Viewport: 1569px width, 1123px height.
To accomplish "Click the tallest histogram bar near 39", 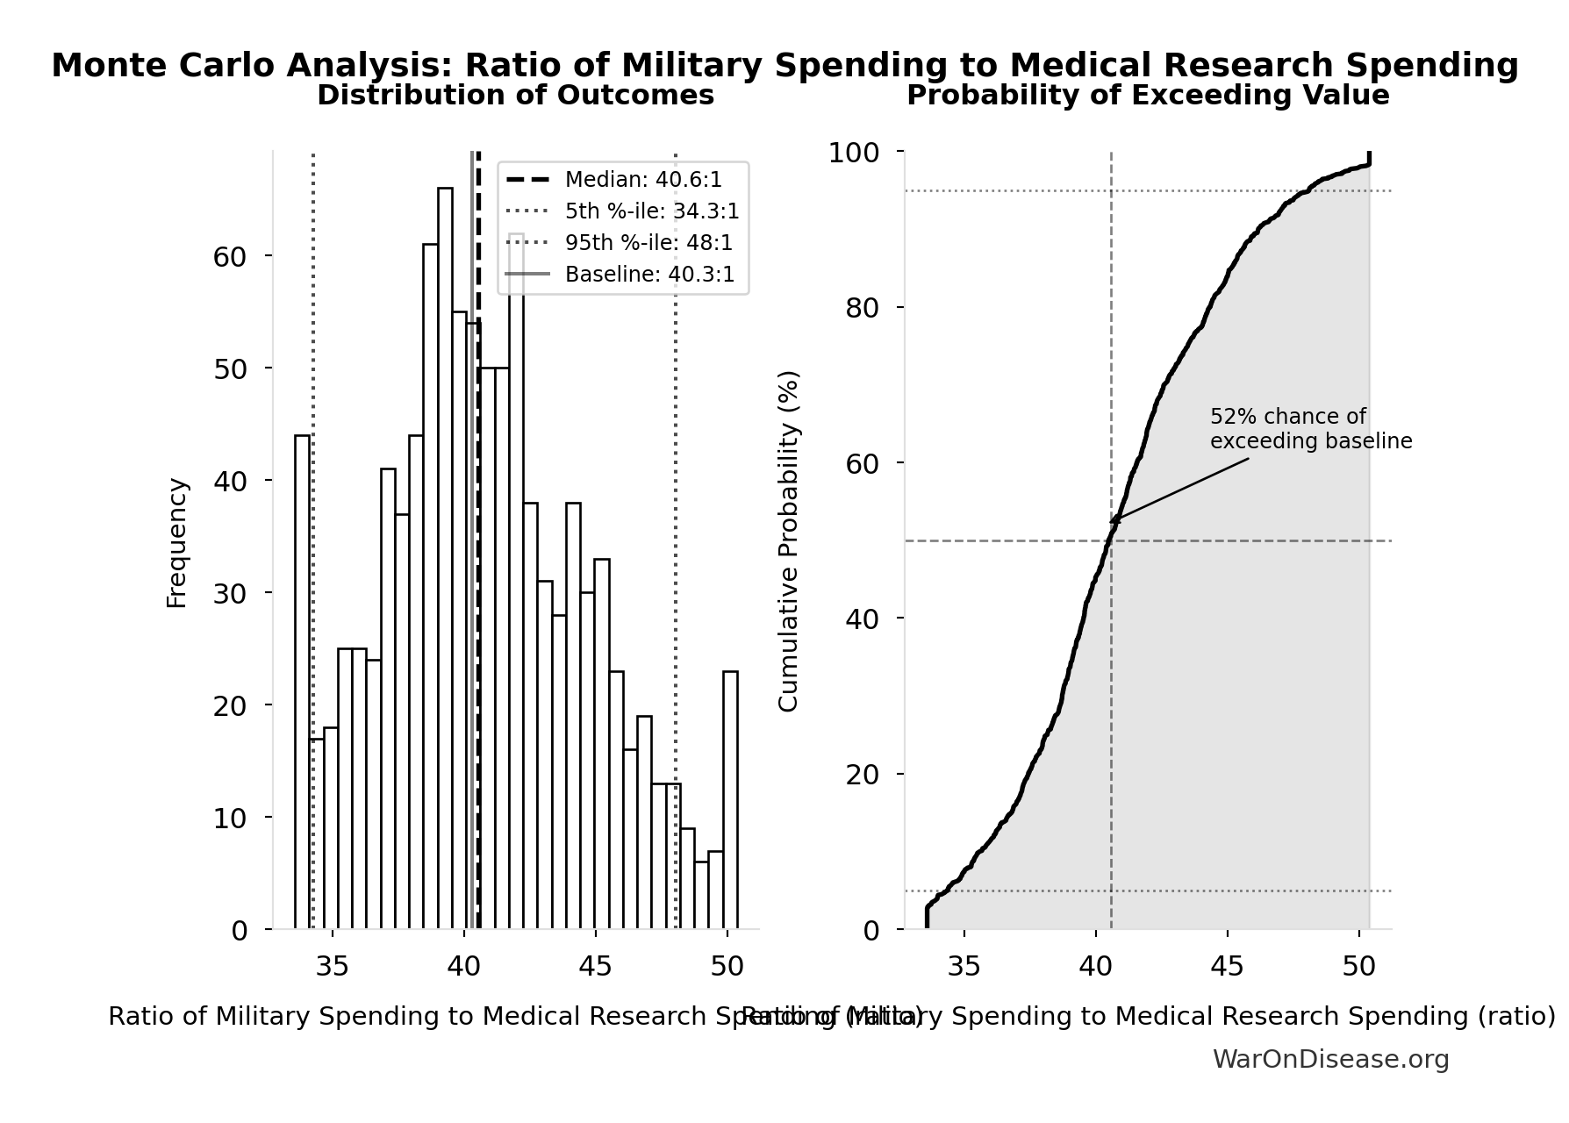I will click(x=445, y=558).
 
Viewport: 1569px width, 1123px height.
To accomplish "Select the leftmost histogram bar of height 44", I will click(x=302, y=682).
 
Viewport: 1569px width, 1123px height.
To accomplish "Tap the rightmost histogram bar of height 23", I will click(x=730, y=799).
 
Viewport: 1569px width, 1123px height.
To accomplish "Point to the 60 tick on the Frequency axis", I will click(x=230, y=256).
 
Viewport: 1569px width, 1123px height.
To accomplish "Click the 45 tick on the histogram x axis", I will click(x=595, y=967).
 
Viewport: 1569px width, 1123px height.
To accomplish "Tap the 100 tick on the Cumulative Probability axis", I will click(x=853, y=154).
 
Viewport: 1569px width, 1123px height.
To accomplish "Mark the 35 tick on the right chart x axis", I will click(x=964, y=967).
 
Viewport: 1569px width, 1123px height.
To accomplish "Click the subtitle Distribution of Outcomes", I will click(x=515, y=96).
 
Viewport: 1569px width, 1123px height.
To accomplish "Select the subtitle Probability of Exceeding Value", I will click(x=1147, y=96).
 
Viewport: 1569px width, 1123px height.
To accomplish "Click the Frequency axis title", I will click(x=177, y=542).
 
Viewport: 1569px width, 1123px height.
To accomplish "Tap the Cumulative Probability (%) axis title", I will click(x=789, y=540).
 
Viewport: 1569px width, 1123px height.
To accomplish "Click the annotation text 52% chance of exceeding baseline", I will click(x=1310, y=429).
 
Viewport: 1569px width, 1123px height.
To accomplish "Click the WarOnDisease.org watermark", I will click(x=1330, y=1060).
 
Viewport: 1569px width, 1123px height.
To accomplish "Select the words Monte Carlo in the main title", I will click(x=164, y=66).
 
